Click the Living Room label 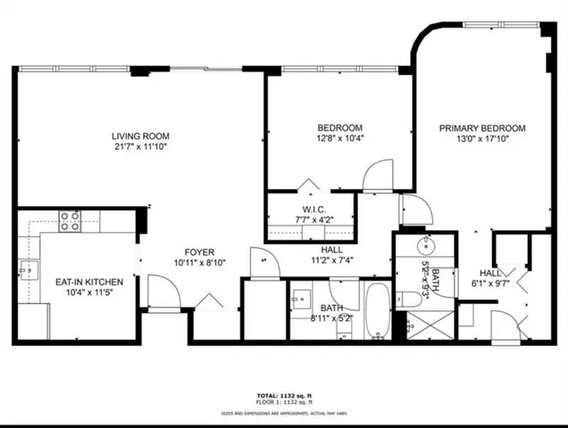click(x=140, y=136)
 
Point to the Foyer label click(x=199, y=251)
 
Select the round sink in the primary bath click(x=428, y=243)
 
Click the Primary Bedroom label click(x=481, y=128)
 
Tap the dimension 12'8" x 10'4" click(x=339, y=137)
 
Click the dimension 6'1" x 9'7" click(x=490, y=284)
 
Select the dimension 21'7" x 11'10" click(x=140, y=147)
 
